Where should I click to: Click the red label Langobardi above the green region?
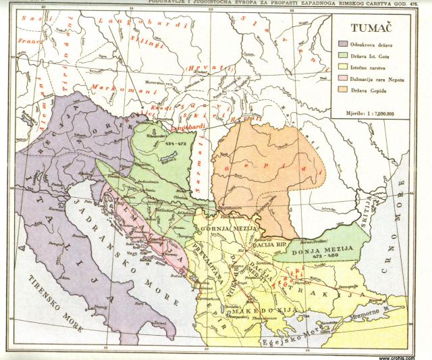pos(175,124)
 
